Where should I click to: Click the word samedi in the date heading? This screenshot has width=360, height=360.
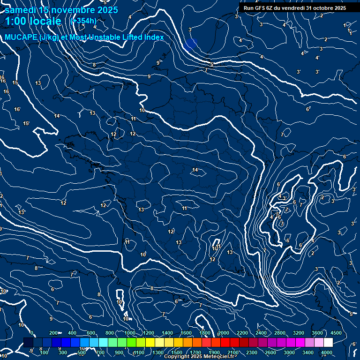pos(21,10)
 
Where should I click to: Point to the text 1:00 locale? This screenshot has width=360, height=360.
pos(33,21)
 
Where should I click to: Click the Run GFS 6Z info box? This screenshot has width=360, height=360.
pos(295,7)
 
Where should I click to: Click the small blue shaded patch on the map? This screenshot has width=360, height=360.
pos(190,45)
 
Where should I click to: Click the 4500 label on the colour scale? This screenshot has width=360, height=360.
pos(336,333)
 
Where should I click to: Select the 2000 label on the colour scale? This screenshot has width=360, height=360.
pos(224,333)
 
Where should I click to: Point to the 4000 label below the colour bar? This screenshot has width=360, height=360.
pos(327,352)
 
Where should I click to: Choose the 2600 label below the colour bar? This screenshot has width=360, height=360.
pos(270,352)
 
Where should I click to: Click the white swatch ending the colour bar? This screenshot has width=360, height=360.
pos(328,343)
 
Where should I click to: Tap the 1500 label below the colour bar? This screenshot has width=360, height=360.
pos(177,352)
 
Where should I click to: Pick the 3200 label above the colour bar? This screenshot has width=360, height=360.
pos(299,333)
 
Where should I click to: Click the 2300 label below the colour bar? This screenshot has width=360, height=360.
pos(252,352)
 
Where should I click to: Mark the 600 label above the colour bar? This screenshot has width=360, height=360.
pos(91,333)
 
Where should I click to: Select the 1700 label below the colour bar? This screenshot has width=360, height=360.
pos(195,352)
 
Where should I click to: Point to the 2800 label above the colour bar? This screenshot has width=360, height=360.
pos(280,333)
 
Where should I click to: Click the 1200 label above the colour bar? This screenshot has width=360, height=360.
pos(149,333)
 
